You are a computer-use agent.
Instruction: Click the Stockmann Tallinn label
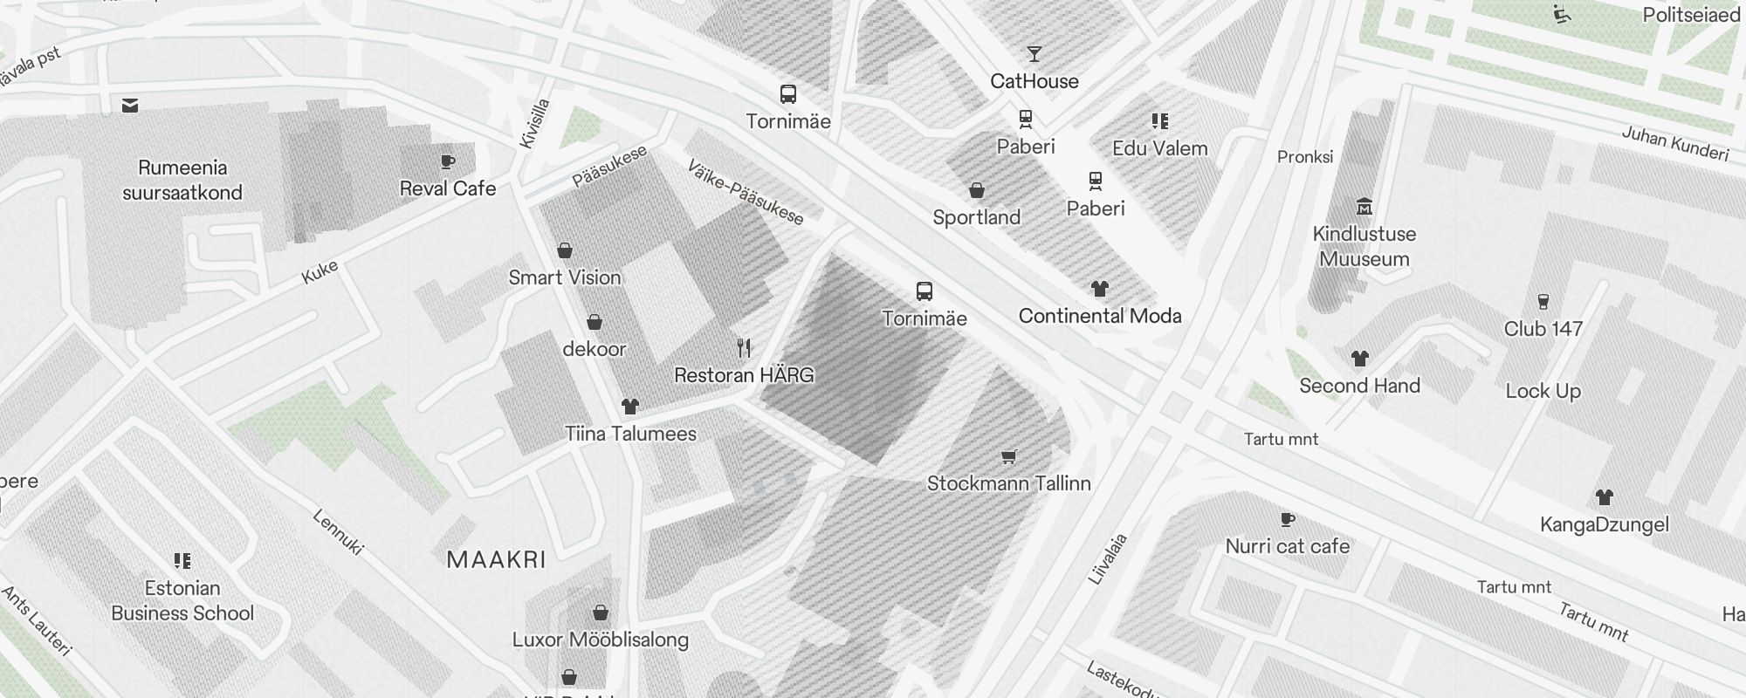[x=1008, y=483]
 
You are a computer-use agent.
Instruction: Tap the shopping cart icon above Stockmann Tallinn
[x=1009, y=456]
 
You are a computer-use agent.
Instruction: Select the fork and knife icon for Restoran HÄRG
[x=744, y=348]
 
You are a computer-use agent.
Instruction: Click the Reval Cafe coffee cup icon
[x=448, y=161]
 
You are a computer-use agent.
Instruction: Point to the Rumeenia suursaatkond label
[x=182, y=180]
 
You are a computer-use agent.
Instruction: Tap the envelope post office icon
[x=130, y=106]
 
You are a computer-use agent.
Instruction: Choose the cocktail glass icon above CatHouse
[x=1035, y=54]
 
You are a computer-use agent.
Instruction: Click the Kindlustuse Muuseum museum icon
[x=1364, y=207]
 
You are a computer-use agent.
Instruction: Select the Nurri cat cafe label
[x=1288, y=546]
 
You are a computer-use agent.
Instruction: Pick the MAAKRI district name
[x=496, y=560]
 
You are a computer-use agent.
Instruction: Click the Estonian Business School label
[x=182, y=600]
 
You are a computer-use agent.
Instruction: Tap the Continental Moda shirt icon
[x=1100, y=289]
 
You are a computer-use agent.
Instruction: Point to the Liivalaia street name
[x=1108, y=558]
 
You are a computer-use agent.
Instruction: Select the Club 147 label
[x=1543, y=329]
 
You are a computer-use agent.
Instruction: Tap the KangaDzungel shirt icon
[x=1604, y=497]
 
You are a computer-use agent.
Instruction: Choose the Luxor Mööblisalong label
[x=601, y=640]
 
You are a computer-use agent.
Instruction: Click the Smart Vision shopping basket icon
[x=565, y=250]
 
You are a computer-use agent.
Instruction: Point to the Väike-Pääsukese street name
[x=745, y=192]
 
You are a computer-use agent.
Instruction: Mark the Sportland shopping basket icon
[x=977, y=190]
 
